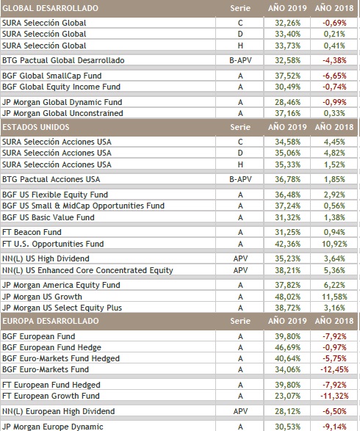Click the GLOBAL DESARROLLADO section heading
tap(51, 8)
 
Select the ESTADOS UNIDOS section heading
tap(36, 127)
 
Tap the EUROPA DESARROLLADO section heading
tap(51, 321)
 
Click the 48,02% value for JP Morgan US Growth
tap(288, 297)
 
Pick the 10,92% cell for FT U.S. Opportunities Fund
tap(334, 244)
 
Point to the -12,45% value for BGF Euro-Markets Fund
tap(334, 369)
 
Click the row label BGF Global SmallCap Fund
tap(52, 76)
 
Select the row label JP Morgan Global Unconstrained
tap(62, 113)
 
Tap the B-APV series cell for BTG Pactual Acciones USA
tap(240, 179)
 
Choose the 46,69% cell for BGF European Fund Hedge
tap(288, 347)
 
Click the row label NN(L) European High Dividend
tap(58, 411)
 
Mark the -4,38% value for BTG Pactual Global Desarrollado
tap(334, 60)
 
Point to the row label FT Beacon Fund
tap(32, 232)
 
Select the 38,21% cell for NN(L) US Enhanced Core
tap(288, 270)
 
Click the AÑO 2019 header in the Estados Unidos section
tap(287, 127)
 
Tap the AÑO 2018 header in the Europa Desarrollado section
tap(334, 321)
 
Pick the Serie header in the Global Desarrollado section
tap(240, 8)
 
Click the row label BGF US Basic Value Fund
tap(48, 217)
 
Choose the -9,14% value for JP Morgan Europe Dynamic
tap(334, 427)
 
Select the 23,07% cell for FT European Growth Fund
tap(288, 396)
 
